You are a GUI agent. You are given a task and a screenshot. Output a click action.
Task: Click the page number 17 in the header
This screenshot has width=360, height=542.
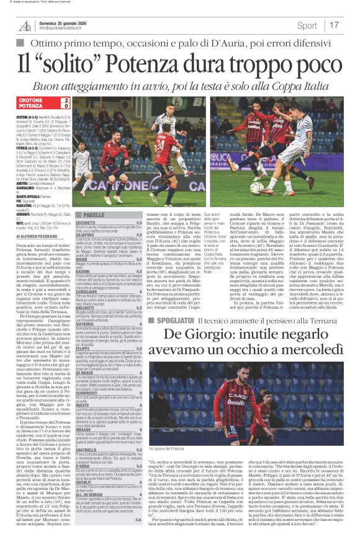coord(351,25)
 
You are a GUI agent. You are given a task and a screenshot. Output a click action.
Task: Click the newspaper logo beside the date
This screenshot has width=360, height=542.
coord(24,25)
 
